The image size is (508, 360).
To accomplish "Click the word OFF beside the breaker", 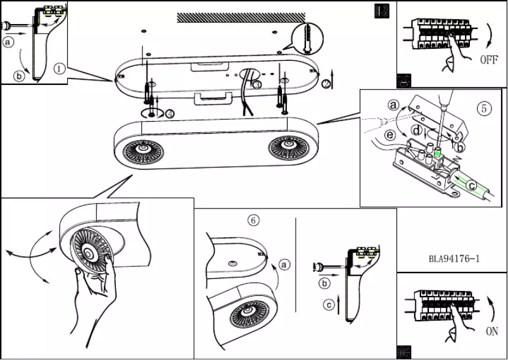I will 488,61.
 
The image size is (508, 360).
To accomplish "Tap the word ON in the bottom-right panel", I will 492,331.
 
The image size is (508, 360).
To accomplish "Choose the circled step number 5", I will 484,108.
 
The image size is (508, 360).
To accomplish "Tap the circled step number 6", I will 253,220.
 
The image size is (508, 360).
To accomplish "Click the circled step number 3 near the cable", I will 257,84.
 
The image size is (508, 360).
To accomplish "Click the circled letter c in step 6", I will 328,305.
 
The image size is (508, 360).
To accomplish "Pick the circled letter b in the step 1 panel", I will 19,77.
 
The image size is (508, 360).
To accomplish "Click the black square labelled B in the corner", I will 382,11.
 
